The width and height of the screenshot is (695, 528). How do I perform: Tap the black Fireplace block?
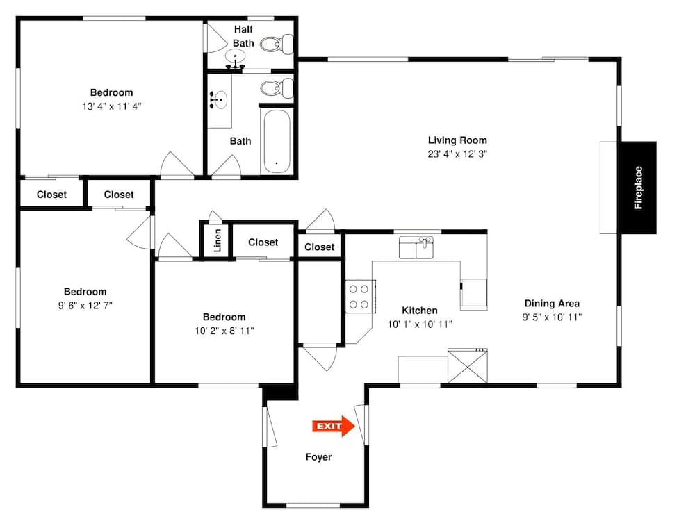638,188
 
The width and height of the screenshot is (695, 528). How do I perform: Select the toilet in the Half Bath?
277,44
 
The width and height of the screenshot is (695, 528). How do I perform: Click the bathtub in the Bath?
277,142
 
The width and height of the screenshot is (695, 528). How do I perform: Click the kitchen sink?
416,247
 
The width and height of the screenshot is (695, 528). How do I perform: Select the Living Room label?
457,140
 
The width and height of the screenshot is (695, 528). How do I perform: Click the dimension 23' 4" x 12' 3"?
457,154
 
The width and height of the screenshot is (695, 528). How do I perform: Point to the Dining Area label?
552,303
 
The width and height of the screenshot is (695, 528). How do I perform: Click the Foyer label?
319,457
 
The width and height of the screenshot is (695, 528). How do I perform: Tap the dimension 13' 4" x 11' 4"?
111,106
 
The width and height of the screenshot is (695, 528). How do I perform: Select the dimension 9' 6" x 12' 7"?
85,306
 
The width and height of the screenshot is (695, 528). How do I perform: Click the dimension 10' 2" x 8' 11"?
224,331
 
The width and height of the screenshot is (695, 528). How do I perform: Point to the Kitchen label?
420,311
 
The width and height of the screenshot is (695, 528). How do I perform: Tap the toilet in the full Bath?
276,88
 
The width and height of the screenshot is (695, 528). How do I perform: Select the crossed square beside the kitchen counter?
468,367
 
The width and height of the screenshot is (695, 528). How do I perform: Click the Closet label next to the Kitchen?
320,247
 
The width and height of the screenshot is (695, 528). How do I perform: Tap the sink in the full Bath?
220,99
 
